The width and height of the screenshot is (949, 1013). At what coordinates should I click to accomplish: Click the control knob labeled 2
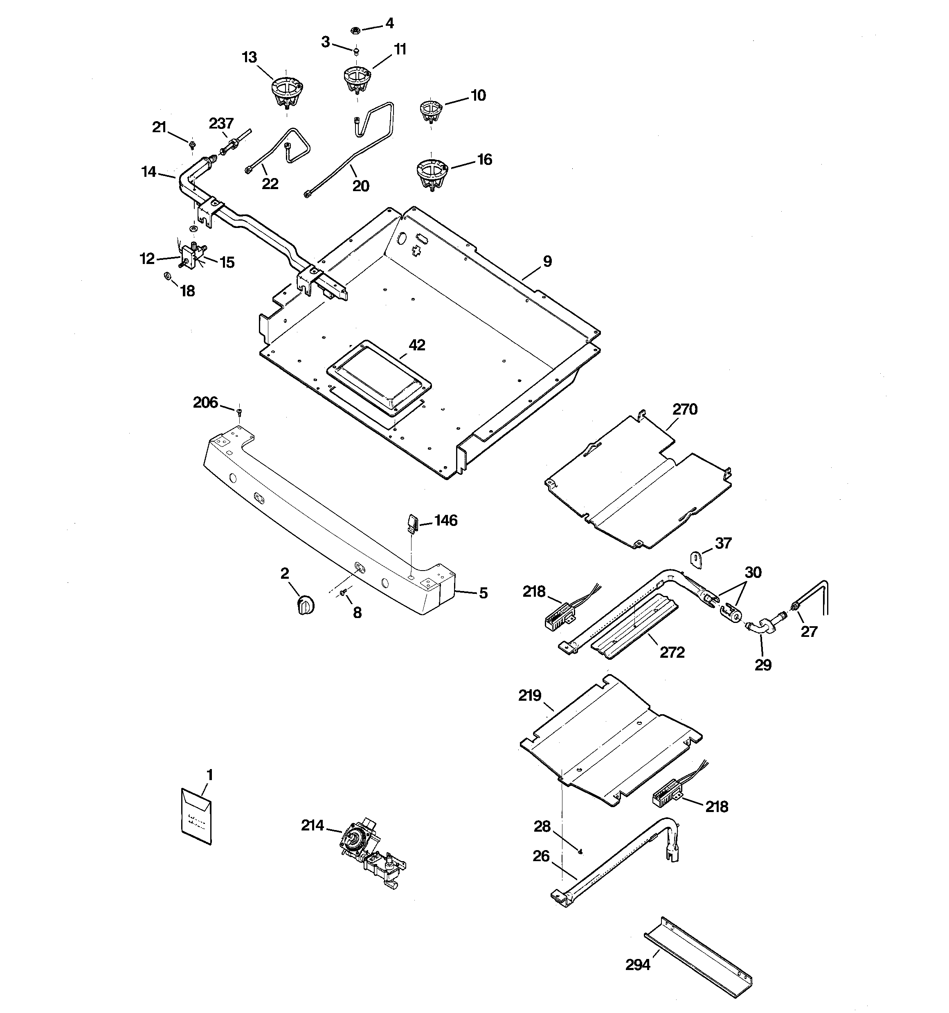(x=305, y=605)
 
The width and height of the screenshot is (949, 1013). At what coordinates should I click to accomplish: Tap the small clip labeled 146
(x=412, y=522)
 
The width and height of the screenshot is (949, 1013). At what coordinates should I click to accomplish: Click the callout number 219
(x=530, y=695)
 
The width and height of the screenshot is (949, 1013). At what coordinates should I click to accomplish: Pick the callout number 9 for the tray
(x=547, y=262)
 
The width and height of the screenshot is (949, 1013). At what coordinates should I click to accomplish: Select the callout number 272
(x=672, y=652)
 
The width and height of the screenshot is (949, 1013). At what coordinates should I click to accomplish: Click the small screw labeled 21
(x=192, y=146)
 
